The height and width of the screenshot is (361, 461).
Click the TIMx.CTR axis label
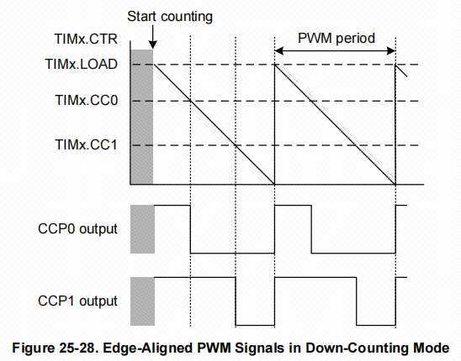(x=86, y=39)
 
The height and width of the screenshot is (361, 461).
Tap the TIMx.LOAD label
(x=82, y=64)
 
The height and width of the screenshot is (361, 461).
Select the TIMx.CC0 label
(x=87, y=101)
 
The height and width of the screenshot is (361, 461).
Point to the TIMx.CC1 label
(x=86, y=144)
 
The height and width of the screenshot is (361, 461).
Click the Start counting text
(x=170, y=17)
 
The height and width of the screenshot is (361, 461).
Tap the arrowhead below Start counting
(x=152, y=44)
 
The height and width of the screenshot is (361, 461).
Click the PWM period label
(x=336, y=39)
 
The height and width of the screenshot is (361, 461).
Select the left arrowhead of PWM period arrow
(x=278, y=50)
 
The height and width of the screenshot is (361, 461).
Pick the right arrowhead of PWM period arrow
(x=391, y=50)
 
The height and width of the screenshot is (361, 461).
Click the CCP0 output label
(x=77, y=229)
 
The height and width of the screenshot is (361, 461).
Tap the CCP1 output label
(x=77, y=301)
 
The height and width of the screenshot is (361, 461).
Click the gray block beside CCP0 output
(x=143, y=229)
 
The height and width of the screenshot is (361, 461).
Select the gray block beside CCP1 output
(x=143, y=301)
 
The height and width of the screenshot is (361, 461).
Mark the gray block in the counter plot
(x=141, y=117)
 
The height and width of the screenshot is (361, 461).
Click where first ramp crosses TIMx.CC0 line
(x=190, y=102)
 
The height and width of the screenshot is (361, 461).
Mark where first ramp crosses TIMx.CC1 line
(x=236, y=145)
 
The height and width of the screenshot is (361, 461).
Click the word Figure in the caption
(x=33, y=348)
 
